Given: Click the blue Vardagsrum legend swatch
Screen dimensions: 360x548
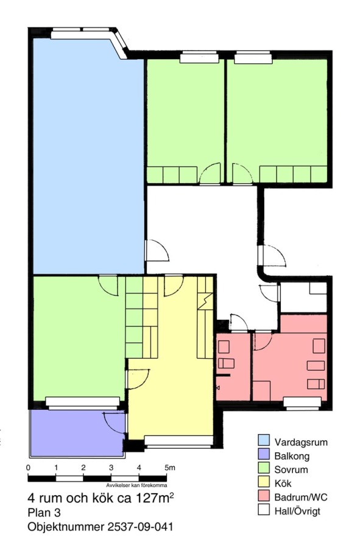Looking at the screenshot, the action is click(x=264, y=442).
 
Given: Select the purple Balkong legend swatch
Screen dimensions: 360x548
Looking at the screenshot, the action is click(x=264, y=455).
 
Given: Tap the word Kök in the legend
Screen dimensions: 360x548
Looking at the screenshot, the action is click(x=283, y=483).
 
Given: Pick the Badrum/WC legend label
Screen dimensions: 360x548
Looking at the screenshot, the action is click(x=301, y=497).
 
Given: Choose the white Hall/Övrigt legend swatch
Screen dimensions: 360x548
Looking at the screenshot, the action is click(x=264, y=511).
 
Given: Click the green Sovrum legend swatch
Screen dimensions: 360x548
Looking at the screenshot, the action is click(x=264, y=469).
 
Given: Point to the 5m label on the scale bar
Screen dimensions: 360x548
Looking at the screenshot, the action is click(x=170, y=468).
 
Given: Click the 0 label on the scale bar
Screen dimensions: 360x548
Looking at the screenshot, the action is click(x=28, y=468).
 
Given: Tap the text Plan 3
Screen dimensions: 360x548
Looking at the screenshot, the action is click(x=44, y=513).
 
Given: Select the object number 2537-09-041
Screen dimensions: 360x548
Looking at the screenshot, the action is click(x=138, y=527).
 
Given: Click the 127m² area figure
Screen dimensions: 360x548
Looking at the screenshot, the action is click(x=154, y=497).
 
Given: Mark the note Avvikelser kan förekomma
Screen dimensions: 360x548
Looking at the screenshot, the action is click(x=136, y=485).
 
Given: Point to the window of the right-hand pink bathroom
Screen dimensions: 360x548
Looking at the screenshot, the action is click(x=302, y=402).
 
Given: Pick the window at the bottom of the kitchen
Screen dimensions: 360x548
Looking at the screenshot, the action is click(x=178, y=441).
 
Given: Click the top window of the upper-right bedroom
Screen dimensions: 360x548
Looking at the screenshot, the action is click(x=253, y=58).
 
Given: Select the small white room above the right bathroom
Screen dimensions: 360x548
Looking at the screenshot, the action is click(x=303, y=297).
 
